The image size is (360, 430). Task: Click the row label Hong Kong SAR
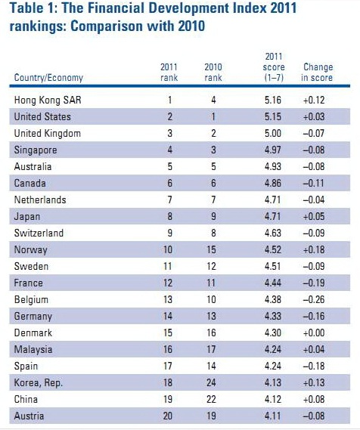(48, 100)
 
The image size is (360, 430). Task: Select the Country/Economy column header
(48, 78)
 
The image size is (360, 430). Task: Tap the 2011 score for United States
(273, 116)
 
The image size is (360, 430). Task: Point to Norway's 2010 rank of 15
(211, 249)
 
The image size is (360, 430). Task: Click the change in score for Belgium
(314, 299)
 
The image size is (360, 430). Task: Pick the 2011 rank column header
(169, 72)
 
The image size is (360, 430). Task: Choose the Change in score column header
(317, 72)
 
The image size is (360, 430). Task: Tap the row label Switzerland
(39, 233)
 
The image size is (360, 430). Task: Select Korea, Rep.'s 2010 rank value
(211, 382)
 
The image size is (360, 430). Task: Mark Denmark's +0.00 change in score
(314, 333)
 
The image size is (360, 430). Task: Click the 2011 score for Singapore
(273, 150)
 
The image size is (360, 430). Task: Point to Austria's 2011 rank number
(168, 416)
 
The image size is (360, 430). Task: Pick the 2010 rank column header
(213, 72)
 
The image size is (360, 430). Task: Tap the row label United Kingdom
(48, 133)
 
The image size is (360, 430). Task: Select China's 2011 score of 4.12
(273, 399)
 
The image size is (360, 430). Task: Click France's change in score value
(314, 283)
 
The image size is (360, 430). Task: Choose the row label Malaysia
(33, 350)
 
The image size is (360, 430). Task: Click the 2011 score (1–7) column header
(274, 67)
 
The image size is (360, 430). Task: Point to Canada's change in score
(313, 183)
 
